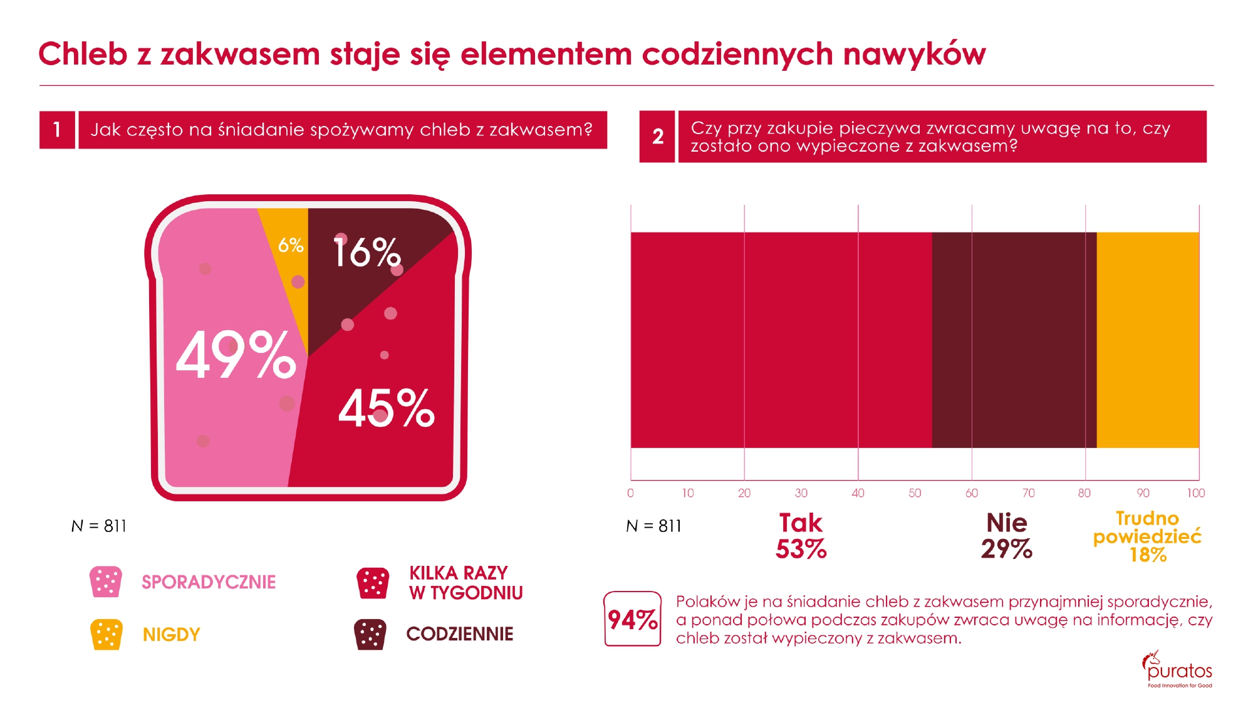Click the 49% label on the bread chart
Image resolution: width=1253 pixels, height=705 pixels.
click(236, 355)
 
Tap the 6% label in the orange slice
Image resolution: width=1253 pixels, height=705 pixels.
click(291, 245)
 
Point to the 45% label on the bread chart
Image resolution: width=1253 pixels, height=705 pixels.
click(386, 408)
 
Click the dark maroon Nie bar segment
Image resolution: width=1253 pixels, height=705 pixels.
click(1014, 340)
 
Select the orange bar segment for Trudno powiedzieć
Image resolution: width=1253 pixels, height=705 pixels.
click(1147, 340)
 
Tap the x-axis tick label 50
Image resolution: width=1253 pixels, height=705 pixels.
click(915, 493)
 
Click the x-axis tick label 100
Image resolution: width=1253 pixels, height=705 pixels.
click(1195, 493)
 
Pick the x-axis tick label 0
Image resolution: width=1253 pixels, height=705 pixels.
click(630, 493)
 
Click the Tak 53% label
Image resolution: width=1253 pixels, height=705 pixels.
click(801, 536)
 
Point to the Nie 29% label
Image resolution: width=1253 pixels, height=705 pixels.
click(1006, 536)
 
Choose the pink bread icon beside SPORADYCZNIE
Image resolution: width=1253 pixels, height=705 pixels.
click(106, 582)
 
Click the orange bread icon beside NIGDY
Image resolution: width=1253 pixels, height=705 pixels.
click(106, 634)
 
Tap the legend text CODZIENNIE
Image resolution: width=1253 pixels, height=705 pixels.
click(459, 634)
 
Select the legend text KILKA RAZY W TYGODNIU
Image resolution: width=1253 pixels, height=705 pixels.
click(465, 583)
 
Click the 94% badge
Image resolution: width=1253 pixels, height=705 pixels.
click(633, 619)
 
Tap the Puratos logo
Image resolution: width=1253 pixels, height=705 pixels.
click(1178, 669)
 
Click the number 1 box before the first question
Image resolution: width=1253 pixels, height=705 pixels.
click(57, 130)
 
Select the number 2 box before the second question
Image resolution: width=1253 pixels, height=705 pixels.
click(657, 137)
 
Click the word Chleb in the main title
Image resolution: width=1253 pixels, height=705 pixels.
click(83, 54)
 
